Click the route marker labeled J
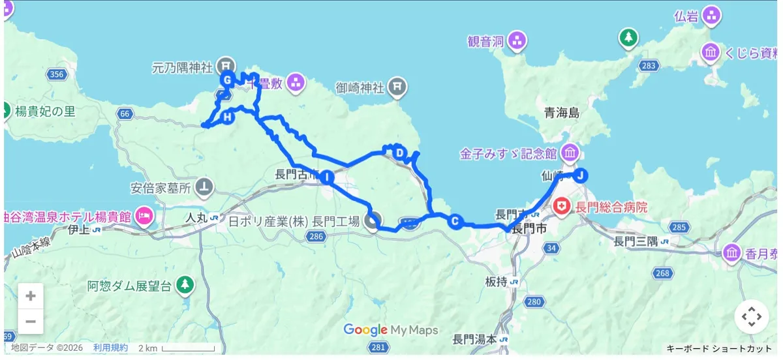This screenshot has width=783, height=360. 581,175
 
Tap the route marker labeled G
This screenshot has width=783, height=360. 227,80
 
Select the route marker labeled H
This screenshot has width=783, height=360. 227,117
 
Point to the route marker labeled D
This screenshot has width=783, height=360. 400,153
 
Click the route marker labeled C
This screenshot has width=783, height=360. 455,221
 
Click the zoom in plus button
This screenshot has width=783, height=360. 31,296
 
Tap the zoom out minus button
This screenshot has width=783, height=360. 31,321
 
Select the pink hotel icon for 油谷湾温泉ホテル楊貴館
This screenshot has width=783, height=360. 145,215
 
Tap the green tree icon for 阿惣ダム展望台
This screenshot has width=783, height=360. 186,285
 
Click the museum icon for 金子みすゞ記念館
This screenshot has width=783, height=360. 570,154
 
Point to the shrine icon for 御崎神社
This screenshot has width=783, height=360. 397,86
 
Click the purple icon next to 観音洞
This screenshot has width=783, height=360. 517,41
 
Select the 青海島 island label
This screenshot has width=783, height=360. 562,113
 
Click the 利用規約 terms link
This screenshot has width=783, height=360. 110,348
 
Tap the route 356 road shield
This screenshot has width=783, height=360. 57,74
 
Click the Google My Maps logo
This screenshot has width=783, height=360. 391,330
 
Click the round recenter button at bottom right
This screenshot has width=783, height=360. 751,317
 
